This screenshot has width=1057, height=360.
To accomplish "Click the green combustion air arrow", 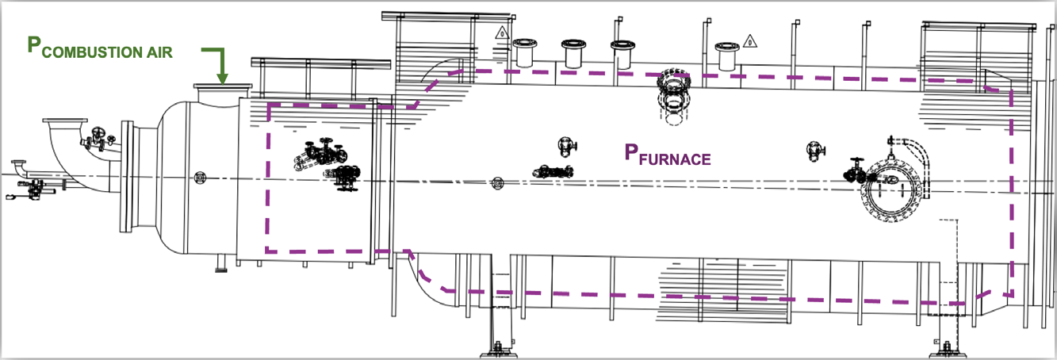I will point(220,63).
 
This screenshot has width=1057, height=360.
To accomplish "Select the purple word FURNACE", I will point(676,159).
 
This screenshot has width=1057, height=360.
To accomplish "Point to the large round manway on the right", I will point(893,189).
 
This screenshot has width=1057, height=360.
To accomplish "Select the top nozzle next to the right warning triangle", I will point(725,56).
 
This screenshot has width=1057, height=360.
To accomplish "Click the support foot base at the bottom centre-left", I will point(497,348).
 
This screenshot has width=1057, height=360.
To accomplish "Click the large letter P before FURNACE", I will point(631,152).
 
